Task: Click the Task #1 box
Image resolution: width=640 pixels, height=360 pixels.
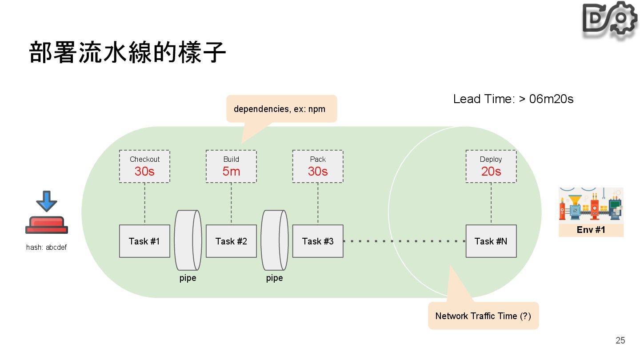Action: point(144,241)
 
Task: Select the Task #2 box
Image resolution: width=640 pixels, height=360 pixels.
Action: point(231,241)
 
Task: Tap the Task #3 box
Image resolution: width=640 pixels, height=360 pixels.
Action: point(318,241)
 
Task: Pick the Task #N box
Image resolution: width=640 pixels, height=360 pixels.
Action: point(491,241)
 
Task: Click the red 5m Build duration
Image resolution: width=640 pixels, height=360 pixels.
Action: point(231,172)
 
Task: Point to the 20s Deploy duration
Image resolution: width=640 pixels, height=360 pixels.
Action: point(491,172)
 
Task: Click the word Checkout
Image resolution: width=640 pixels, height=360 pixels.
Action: point(144,159)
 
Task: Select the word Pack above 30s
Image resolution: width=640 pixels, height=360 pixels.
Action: point(318,159)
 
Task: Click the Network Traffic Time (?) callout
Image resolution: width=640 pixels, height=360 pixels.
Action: point(483,316)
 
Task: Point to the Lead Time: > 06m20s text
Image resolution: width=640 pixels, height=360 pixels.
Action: point(513,99)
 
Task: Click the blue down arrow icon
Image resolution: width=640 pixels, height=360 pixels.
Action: point(47,201)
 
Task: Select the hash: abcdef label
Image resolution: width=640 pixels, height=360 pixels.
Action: point(46,248)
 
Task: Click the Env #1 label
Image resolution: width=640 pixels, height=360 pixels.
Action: point(591,230)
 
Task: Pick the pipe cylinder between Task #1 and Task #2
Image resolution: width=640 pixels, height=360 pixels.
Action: point(188,240)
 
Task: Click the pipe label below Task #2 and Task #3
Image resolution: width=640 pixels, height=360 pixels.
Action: point(274,278)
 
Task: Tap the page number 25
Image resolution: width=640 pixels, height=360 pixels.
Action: point(620,340)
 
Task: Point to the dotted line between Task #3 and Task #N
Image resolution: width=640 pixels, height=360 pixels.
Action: point(404,241)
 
